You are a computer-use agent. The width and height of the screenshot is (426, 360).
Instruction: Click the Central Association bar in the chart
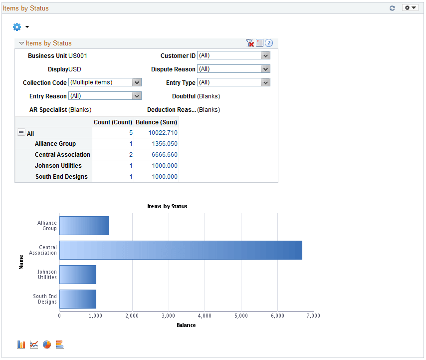181,250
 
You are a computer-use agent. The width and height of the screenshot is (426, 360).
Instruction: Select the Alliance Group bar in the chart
84,226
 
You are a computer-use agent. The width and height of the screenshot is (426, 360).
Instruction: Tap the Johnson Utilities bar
77,275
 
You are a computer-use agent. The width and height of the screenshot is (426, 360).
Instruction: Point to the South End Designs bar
77,299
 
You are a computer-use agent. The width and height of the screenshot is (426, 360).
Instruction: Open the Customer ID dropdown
233,56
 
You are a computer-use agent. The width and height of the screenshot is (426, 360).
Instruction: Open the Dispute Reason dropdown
233,69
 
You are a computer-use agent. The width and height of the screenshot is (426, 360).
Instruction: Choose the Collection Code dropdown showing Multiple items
105,83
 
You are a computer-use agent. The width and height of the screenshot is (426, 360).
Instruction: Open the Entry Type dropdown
233,83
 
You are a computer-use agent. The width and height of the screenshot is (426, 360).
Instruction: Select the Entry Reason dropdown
105,96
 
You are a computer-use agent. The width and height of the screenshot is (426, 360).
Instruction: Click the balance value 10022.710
163,133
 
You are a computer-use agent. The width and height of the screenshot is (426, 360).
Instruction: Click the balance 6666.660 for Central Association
164,155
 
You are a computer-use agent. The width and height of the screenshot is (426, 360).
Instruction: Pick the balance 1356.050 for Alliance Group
164,144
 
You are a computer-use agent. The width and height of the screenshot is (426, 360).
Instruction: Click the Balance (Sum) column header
156,122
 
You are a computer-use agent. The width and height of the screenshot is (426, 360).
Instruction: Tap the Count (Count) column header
113,122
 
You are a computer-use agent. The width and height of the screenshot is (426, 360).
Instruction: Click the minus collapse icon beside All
21,133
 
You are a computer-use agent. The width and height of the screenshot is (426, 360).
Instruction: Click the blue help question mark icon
269,43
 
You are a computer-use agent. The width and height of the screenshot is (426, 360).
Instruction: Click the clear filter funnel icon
250,43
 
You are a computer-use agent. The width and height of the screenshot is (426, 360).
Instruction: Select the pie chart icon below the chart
47,345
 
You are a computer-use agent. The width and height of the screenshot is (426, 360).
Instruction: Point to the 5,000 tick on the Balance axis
241,316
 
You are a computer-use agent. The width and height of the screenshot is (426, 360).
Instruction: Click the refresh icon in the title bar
392,8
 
